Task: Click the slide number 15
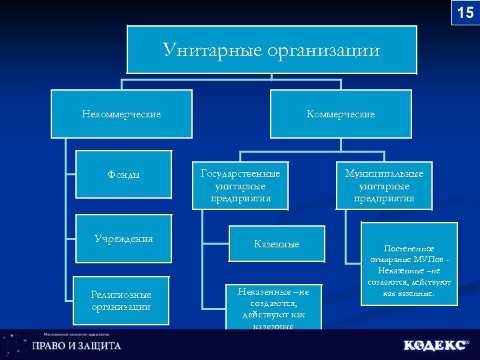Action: [x=465, y=12]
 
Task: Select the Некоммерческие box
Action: [x=121, y=114]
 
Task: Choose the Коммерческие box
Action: [x=341, y=114]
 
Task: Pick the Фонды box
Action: [x=124, y=175]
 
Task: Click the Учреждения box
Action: [x=124, y=239]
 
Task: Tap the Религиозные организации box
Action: [x=121, y=301]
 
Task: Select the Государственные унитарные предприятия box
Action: [x=241, y=185]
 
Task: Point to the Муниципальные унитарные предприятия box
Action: [x=384, y=185]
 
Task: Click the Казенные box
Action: [x=277, y=244]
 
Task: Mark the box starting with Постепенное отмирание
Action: [x=409, y=264]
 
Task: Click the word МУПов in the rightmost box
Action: [x=429, y=259]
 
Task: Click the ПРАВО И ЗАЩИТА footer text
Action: [x=77, y=346]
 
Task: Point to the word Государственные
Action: [x=241, y=173]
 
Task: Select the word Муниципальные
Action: [x=384, y=173]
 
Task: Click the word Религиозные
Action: [x=121, y=295]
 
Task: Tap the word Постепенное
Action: [x=409, y=249]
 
